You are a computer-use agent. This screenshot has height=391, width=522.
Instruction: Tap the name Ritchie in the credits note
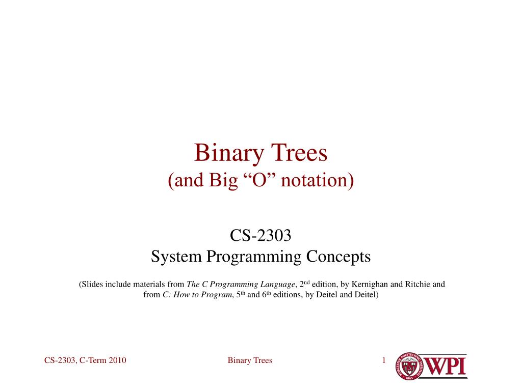[x=418, y=284]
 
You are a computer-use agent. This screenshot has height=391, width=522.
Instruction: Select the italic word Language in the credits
[x=278, y=284]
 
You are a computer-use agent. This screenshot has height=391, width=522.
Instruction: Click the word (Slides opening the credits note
[x=91, y=284]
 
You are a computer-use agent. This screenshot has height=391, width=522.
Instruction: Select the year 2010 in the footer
[x=117, y=360]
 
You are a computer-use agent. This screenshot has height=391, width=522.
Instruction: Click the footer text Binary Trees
[x=250, y=360]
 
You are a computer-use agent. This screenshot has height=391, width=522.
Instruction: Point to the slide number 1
[x=383, y=360]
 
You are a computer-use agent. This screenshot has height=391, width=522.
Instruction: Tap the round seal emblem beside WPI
[x=407, y=367]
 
